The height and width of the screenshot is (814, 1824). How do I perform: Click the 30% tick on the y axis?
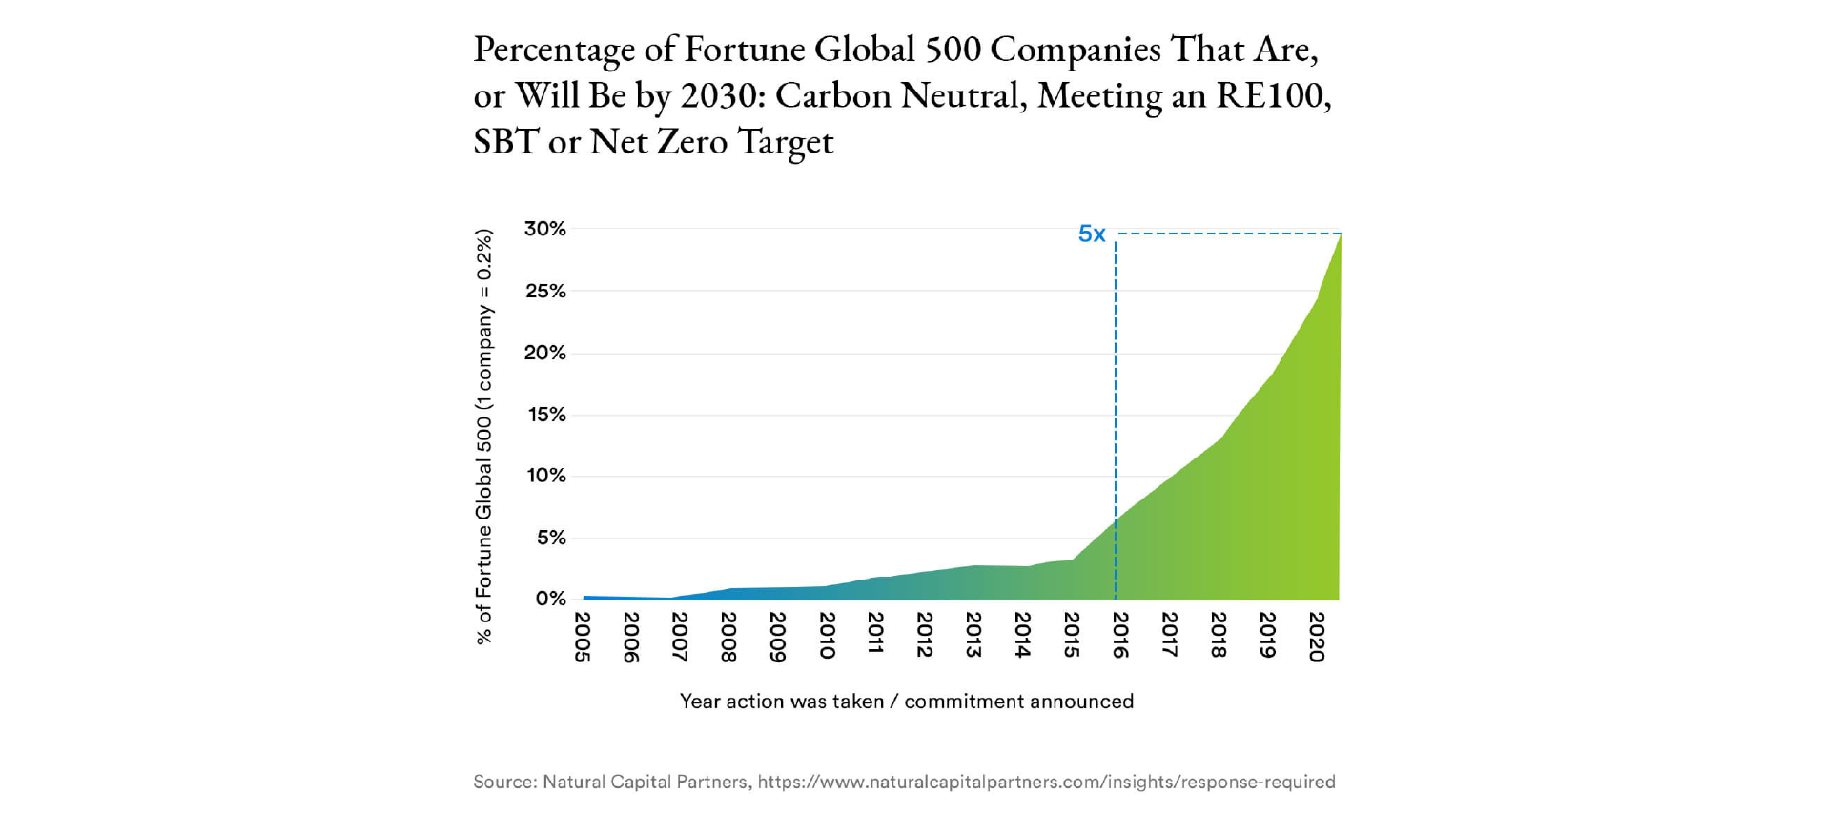544,229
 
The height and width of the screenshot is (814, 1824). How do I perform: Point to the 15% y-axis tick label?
546,415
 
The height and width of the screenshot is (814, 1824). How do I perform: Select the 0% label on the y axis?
550,599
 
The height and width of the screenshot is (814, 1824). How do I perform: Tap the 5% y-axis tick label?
551,538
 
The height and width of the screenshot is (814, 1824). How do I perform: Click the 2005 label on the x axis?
582,637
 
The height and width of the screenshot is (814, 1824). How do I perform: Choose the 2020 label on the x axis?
1317,637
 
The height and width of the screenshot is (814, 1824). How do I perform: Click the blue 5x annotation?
1092,234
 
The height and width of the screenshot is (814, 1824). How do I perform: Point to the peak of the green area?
1340,236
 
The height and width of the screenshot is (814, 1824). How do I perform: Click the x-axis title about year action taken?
906,702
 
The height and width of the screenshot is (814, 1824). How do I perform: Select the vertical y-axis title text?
484,437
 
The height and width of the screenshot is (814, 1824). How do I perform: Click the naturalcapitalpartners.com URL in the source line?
1046,783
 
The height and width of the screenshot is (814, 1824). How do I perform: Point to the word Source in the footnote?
503,783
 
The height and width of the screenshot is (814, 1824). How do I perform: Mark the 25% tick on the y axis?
545,291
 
